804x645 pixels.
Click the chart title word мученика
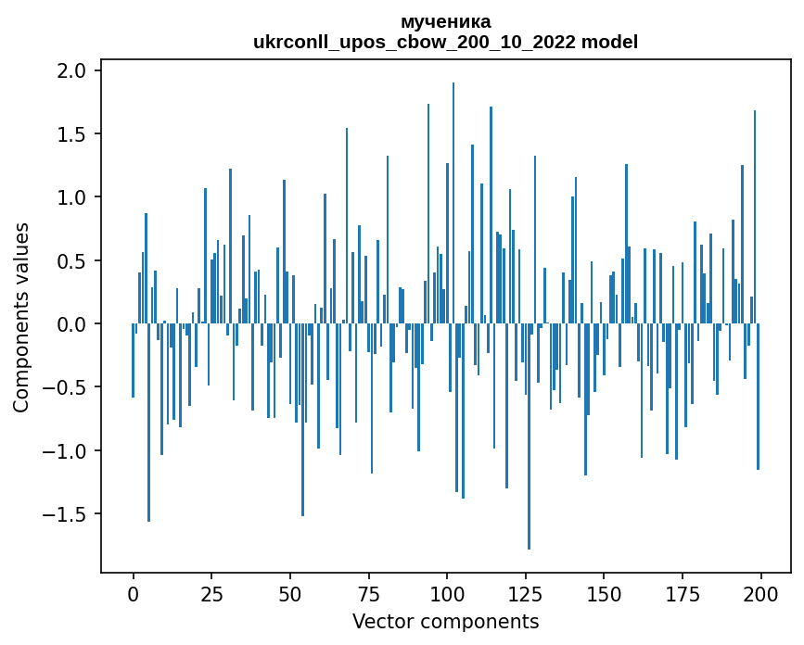tap(445, 21)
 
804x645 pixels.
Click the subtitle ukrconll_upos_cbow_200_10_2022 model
tap(445, 42)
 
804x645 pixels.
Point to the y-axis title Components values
tap(21, 317)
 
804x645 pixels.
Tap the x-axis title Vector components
tap(445, 621)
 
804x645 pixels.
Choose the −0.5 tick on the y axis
tap(68, 387)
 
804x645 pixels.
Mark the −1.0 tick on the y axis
tap(68, 451)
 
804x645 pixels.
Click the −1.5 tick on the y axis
tap(68, 514)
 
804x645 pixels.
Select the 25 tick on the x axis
tap(211, 593)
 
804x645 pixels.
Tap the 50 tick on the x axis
tap(290, 593)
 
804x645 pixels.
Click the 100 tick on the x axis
tap(447, 593)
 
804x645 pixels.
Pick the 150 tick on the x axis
tap(604, 593)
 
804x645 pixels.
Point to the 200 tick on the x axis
tap(760, 593)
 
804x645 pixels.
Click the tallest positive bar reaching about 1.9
tap(453, 204)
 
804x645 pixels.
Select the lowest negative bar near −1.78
tap(529, 436)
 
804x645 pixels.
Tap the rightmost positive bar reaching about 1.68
tap(755, 218)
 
